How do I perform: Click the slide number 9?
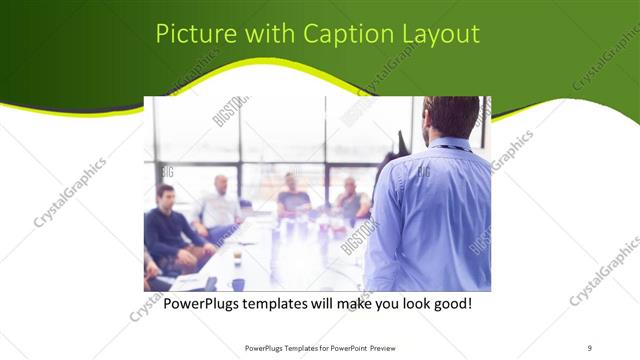589,348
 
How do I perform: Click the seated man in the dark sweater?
169,225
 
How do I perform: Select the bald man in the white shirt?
219,205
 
